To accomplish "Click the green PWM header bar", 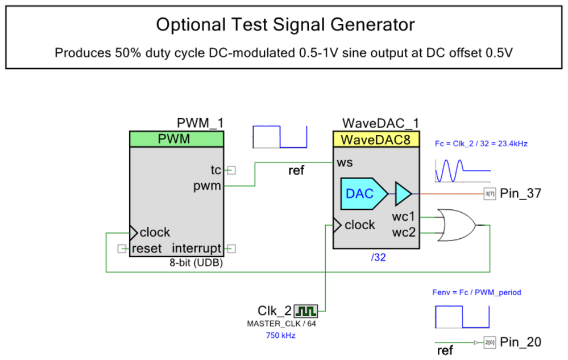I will coord(176,139).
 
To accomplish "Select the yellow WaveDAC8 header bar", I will coord(376,139).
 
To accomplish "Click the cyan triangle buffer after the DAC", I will coord(403,193).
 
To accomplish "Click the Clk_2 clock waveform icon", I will coord(306,311).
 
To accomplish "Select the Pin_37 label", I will coord(520,194).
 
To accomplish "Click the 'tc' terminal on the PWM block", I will coord(215,169).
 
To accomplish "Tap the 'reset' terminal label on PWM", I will coord(147,249).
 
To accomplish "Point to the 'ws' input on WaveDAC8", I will coord(345,163).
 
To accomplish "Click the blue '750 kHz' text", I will coord(281,336).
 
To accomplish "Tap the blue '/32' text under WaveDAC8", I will coord(378,258).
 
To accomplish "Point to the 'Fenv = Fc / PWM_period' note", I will coord(476,292).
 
